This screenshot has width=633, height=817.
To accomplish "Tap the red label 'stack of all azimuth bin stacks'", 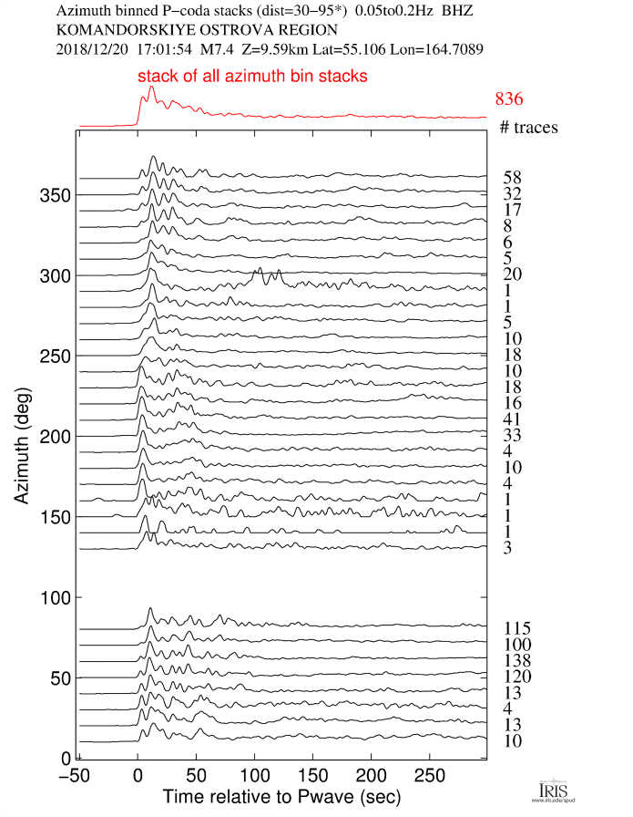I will [x=252, y=77].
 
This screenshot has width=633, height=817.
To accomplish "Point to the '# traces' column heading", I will [x=528, y=127].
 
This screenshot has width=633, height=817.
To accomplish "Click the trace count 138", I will [x=516, y=660].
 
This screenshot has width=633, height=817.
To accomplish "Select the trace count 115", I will [x=516, y=628].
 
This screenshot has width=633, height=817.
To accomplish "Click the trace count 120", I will [x=516, y=677].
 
